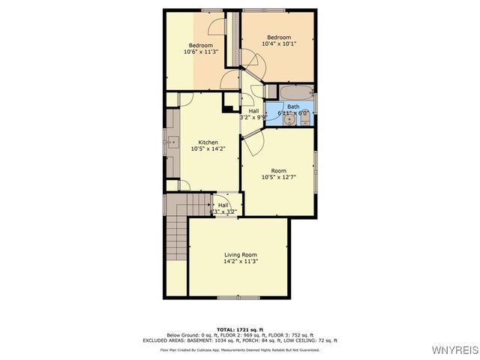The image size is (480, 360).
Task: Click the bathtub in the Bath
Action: [x=295, y=94]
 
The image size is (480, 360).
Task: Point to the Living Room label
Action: [x=240, y=254]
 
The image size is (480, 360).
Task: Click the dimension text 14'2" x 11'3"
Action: [x=240, y=261]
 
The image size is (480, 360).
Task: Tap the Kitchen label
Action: [x=208, y=142]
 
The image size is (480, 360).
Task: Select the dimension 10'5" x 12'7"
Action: [x=278, y=178]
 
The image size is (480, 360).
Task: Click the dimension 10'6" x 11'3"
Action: [x=200, y=52]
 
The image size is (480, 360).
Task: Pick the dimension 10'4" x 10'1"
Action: [x=279, y=43]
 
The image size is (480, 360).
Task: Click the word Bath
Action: [x=293, y=106]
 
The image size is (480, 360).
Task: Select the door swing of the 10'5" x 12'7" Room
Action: [x=251, y=142]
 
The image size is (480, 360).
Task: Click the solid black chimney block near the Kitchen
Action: [x=228, y=106]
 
